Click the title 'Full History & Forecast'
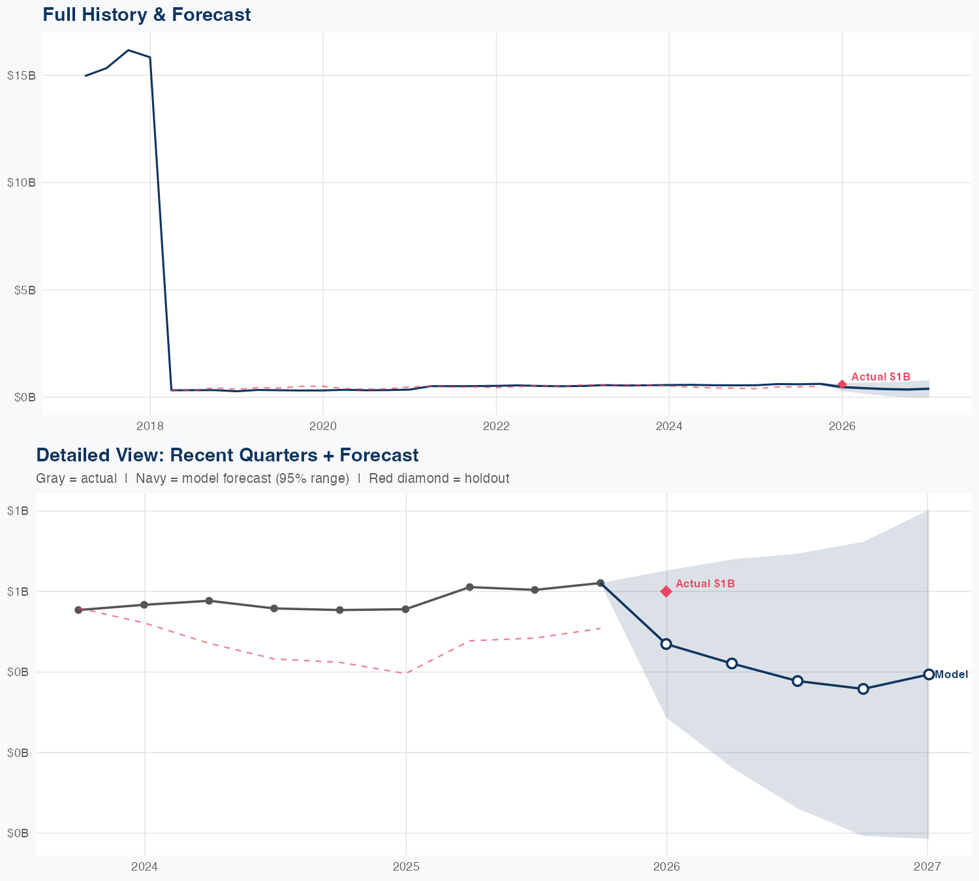(146, 14)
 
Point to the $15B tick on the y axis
(21, 75)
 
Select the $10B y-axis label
(21, 183)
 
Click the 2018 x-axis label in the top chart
(149, 426)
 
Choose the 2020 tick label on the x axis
(322, 426)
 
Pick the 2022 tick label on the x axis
(496, 426)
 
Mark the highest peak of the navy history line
(128, 50)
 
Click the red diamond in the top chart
(842, 384)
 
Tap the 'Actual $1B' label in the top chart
(880, 377)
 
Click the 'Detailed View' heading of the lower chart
(227, 455)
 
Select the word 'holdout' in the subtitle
(487, 478)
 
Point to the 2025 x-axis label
(406, 867)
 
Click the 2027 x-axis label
(927, 867)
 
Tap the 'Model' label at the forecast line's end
(951, 675)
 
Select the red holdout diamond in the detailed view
(666, 591)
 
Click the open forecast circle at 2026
(666, 644)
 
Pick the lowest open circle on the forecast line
(863, 688)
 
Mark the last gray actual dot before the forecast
(600, 583)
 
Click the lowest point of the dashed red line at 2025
(406, 673)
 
